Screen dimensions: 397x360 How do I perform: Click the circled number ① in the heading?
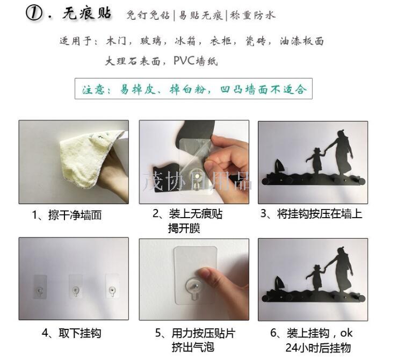(x=34, y=13)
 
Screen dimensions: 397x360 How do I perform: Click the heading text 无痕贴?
(x=86, y=13)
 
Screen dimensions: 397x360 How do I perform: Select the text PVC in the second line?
(x=184, y=61)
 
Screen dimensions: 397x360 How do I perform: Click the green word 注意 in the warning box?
(x=93, y=90)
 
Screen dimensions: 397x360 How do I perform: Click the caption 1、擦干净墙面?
(x=67, y=215)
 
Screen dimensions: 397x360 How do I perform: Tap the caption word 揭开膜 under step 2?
(x=184, y=228)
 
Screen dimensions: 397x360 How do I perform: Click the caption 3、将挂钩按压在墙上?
(x=311, y=214)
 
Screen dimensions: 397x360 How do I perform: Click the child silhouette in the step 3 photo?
(x=315, y=160)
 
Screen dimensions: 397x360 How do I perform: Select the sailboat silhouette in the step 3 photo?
(x=279, y=167)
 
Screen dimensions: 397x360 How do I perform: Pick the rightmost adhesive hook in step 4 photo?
(x=112, y=286)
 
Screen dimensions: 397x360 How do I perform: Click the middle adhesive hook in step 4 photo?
(x=75, y=286)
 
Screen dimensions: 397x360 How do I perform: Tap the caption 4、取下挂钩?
(x=71, y=333)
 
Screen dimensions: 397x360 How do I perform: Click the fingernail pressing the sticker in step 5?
(x=204, y=273)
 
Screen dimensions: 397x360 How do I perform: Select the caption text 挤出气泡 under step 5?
(x=193, y=347)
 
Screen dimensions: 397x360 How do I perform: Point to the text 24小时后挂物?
(x=318, y=348)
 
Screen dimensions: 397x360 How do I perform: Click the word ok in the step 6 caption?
(x=346, y=333)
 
